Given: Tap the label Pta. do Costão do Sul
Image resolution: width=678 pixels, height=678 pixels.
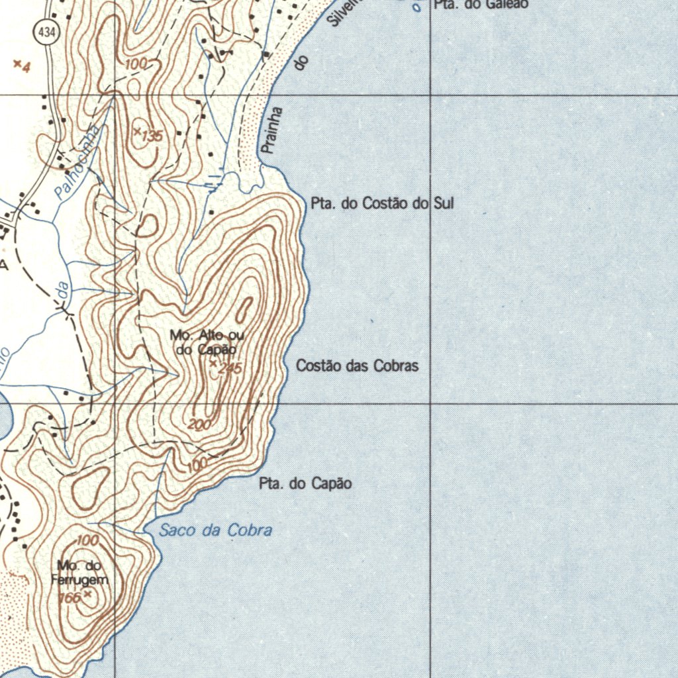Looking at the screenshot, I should tap(382, 204).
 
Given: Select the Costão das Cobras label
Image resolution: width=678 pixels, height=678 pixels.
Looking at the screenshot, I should tap(357, 365).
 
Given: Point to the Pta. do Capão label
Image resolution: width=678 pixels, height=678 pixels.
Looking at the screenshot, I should tap(305, 484).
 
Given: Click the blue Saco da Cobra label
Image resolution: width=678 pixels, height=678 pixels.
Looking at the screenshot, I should tap(216, 530).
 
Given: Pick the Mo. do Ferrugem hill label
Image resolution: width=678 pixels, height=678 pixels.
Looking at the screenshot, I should tap(79, 573).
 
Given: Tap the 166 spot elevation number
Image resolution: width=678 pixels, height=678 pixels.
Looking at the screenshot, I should tap(69, 597).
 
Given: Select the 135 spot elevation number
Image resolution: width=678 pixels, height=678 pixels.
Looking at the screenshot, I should tap(152, 136).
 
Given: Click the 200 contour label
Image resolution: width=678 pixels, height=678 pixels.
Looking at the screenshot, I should tap(199, 424).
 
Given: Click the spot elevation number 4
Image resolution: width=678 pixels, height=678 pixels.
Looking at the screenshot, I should tap(26, 67).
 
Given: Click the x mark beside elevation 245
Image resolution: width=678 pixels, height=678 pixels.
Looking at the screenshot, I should tap(213, 363).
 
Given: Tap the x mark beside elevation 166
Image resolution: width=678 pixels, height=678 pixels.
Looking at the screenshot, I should tap(87, 595).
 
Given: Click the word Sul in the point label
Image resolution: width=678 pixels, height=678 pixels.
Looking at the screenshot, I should tap(443, 204).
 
